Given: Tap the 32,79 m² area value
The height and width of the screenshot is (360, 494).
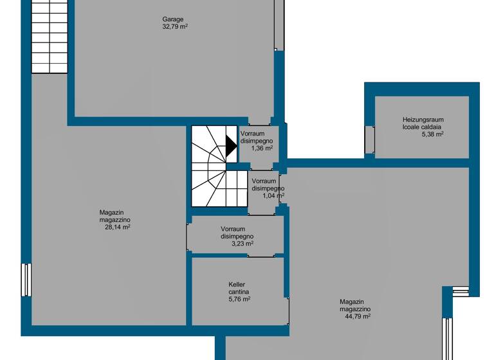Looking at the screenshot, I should click(175, 27).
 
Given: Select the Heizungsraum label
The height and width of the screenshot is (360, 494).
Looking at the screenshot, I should click(423, 120).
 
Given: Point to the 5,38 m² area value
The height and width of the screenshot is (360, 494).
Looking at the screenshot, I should click(432, 134).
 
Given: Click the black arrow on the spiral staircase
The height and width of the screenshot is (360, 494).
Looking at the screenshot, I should click(230, 148).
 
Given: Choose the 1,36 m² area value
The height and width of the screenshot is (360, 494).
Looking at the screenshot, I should click(262, 148).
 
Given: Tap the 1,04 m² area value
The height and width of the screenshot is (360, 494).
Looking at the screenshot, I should click(273, 195).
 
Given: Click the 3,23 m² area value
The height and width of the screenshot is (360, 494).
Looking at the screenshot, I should click(242, 244).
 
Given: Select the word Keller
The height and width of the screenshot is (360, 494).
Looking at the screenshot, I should click(237, 284).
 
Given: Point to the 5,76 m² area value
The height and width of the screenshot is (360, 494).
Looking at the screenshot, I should click(239, 299).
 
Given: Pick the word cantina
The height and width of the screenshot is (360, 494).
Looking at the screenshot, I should click(239, 292).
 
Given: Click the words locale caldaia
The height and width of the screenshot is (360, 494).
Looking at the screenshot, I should click(423, 127).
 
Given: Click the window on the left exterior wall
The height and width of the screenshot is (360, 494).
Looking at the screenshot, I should click(26, 280).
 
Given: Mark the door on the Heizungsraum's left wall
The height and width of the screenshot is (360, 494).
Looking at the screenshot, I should click(369, 139).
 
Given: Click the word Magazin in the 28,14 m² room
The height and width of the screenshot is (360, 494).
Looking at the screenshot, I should click(111, 212).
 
